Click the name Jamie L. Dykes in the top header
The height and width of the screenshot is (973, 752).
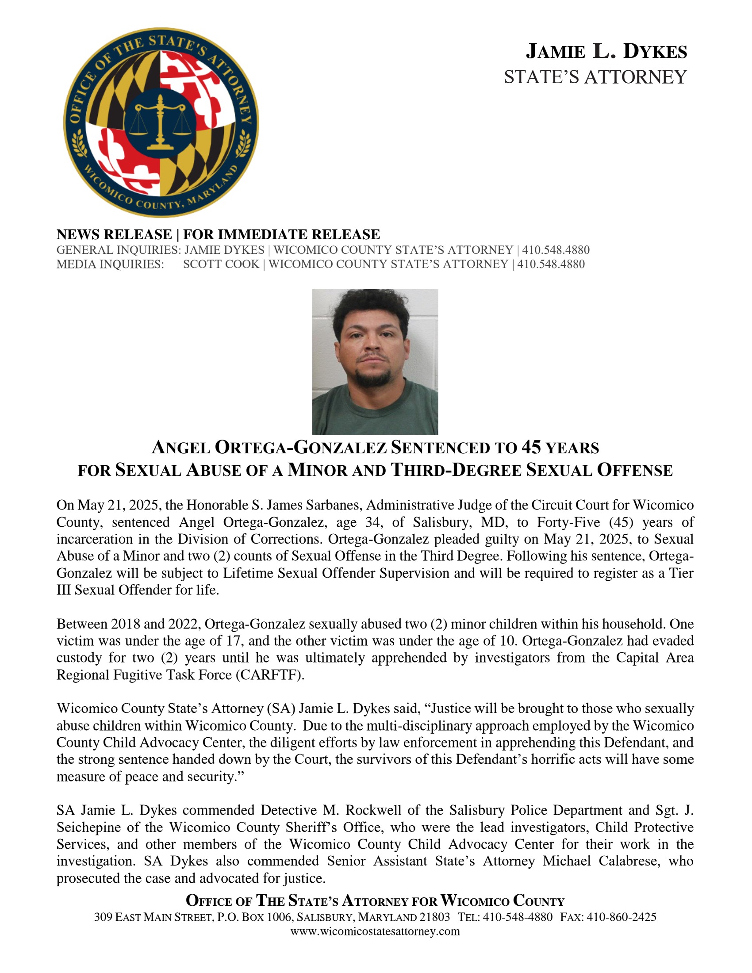tap(606, 51)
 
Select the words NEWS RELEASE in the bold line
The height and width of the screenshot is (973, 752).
tap(114, 234)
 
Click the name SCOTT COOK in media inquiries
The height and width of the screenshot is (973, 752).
tap(221, 264)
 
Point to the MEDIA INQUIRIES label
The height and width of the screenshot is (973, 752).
tap(110, 264)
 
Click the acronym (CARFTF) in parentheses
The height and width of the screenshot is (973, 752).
tap(270, 675)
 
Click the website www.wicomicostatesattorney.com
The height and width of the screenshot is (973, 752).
tap(375, 931)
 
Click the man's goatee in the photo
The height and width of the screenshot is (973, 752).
tap(373, 379)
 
